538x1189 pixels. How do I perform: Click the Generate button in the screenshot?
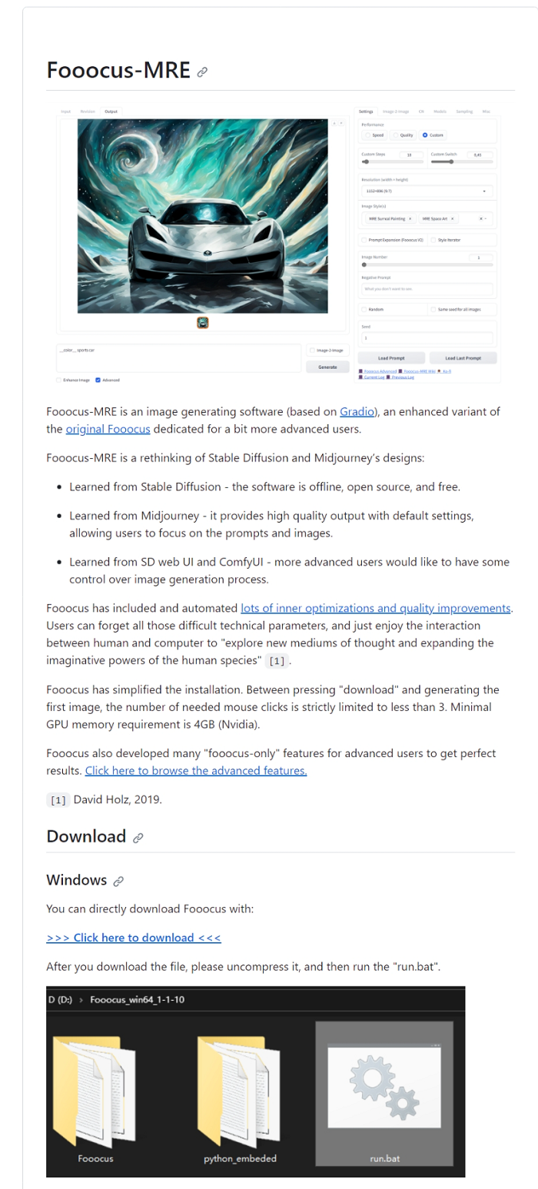327,367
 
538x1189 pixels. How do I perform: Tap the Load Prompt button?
391,358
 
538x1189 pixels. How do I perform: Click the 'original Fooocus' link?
108,429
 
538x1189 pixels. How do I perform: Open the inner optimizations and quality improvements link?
376,608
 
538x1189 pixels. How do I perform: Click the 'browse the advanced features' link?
196,770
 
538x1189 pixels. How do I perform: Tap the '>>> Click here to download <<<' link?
134,937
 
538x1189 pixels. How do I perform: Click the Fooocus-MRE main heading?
118,70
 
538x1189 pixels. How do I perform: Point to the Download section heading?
86,836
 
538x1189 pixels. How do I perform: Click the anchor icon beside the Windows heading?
118,881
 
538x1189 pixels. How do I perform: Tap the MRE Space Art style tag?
437,218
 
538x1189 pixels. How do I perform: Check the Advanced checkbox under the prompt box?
98,380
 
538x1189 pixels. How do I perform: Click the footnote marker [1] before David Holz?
58,800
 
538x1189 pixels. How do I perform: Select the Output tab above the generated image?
111,111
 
